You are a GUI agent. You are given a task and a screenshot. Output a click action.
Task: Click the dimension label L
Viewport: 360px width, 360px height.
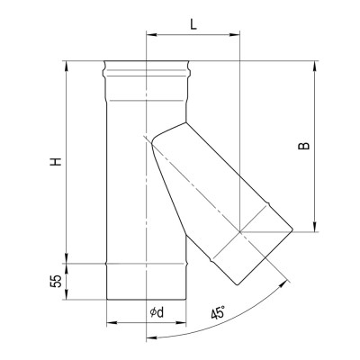193,24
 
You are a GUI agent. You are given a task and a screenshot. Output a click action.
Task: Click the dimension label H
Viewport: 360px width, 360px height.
56,161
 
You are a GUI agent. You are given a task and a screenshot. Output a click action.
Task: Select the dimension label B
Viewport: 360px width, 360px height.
303,146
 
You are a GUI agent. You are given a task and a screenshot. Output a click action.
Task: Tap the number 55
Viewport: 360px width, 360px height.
56,281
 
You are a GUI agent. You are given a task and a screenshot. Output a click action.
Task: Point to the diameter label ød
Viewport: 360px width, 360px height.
157,312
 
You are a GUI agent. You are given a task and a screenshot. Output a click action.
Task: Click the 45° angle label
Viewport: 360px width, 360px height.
218,313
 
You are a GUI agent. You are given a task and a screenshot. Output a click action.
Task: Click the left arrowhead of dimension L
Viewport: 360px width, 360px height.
151,35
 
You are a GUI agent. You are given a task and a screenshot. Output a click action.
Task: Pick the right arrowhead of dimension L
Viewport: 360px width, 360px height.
235,35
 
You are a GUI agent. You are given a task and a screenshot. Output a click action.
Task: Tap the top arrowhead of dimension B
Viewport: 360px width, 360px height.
314,67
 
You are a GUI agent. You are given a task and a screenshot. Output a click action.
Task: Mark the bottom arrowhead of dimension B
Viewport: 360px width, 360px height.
314,227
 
